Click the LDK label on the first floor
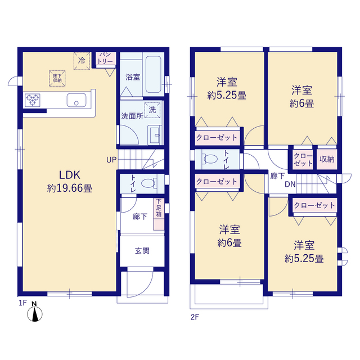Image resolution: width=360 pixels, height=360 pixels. [70, 175]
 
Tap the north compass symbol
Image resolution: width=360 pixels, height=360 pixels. [35, 312]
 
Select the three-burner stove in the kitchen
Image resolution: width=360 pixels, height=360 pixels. [33, 100]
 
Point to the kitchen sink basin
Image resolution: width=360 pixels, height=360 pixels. [76, 100]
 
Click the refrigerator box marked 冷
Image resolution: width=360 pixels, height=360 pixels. [82, 61]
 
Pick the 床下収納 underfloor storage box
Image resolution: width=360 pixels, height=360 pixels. [57, 78]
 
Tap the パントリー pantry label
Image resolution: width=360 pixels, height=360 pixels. [105, 58]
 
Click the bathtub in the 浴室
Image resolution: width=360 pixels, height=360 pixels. [153, 74]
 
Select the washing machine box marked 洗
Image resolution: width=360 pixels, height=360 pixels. [152, 110]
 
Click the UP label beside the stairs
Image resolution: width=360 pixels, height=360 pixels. [111, 160]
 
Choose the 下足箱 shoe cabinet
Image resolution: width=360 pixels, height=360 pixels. [159, 214]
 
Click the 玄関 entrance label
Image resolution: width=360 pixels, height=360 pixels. [142, 251]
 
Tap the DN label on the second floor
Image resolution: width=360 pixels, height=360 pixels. [290, 184]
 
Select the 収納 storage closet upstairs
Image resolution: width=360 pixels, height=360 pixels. [327, 159]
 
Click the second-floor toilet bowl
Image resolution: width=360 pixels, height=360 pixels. [210, 159]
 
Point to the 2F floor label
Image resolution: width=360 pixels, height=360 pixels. [195, 317]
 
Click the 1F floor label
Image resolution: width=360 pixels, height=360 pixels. [22, 303]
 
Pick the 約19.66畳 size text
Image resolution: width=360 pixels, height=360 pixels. [70, 188]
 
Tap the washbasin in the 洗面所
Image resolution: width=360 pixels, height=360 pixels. [155, 135]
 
